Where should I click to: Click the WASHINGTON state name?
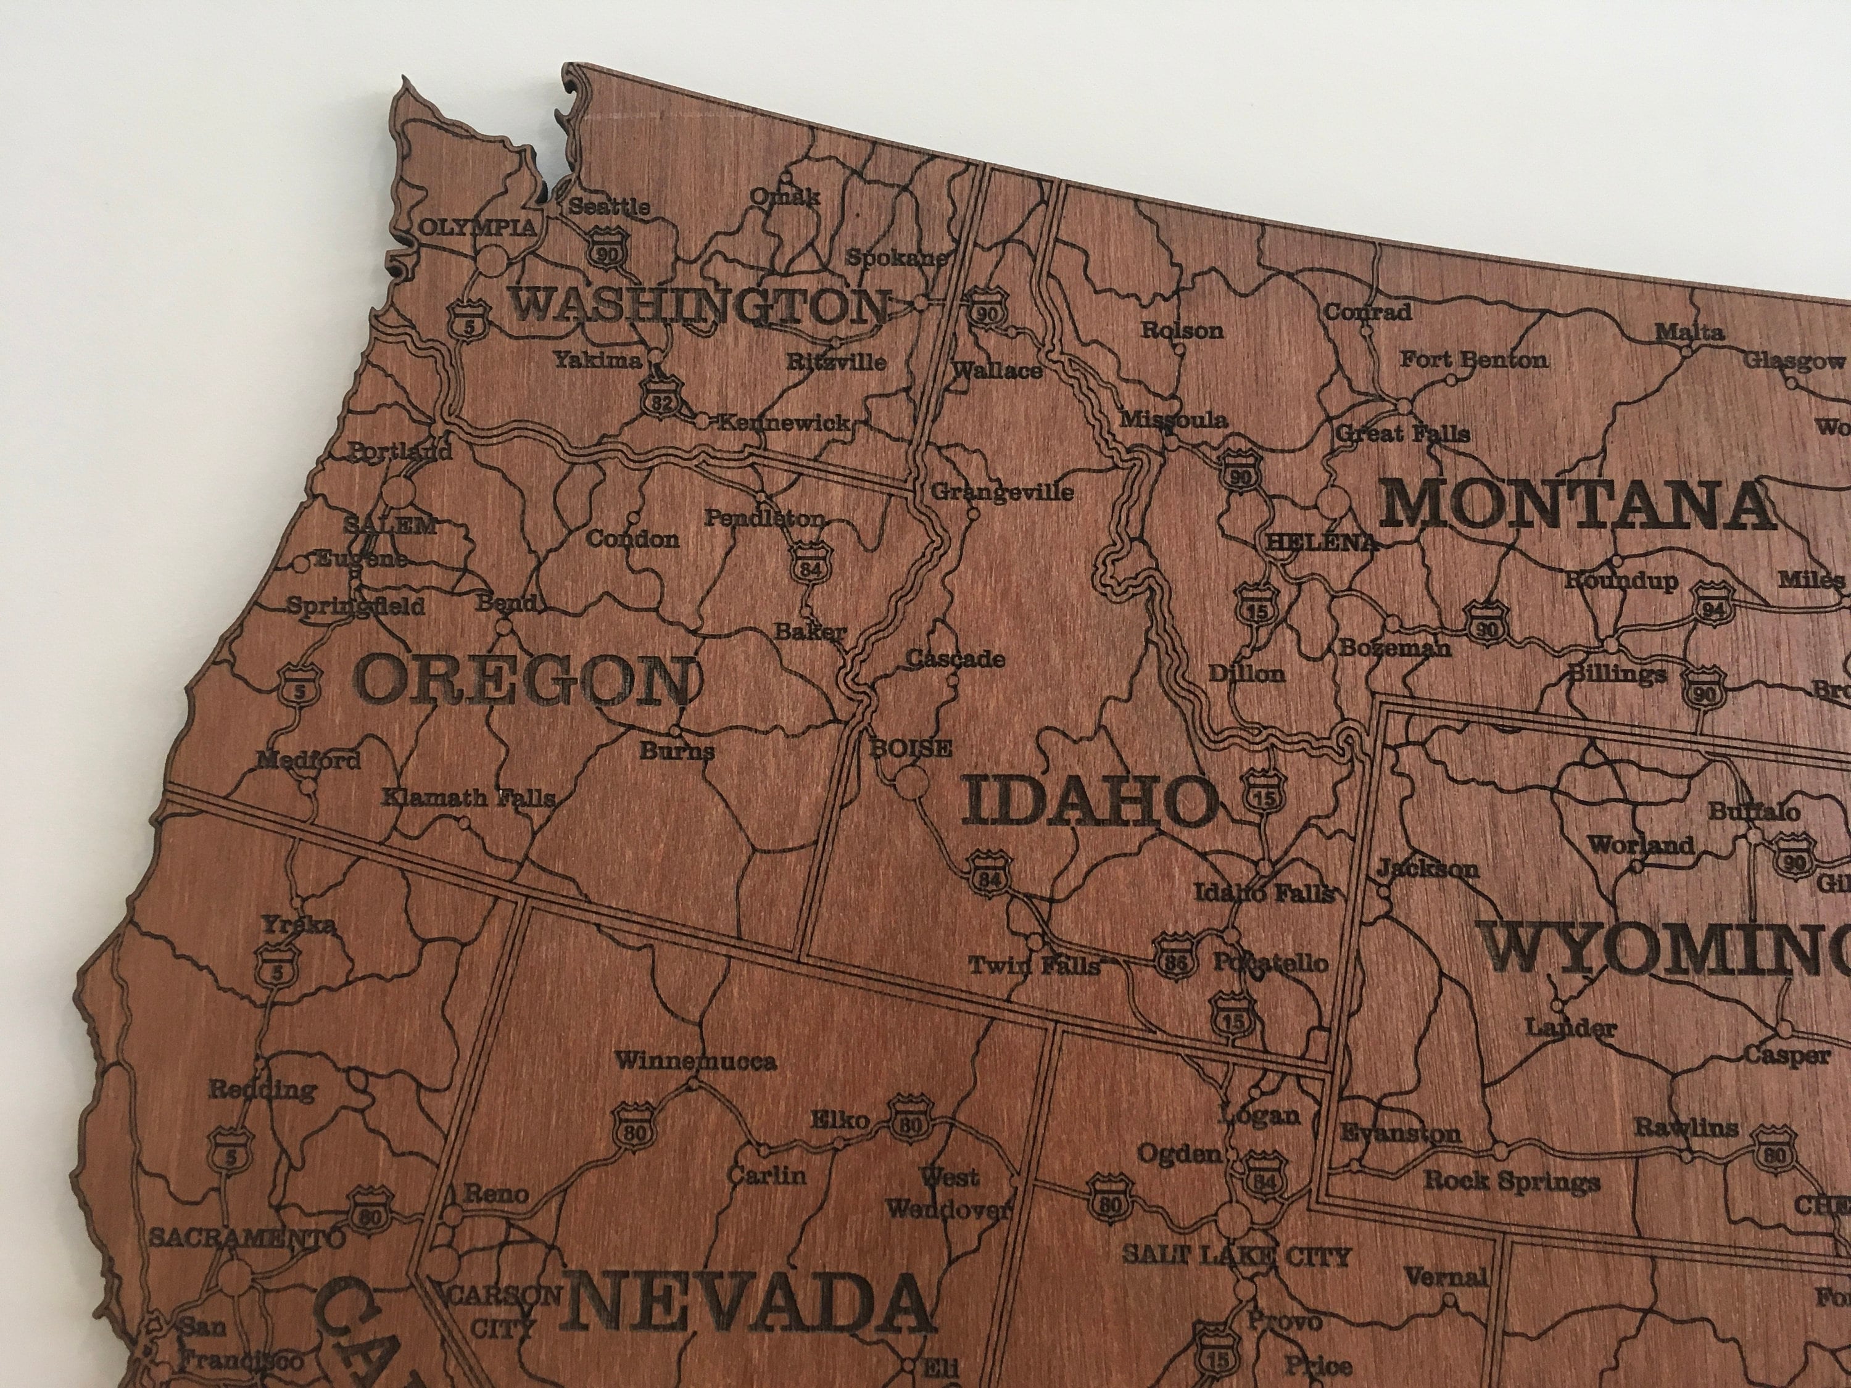pyautogui.click(x=698, y=306)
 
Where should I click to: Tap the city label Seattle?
pyautogui.click(x=609, y=206)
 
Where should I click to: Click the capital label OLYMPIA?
pyautogui.click(x=477, y=228)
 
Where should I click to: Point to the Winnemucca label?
pyautogui.click(x=695, y=1062)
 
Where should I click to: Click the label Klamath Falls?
pyautogui.click(x=468, y=797)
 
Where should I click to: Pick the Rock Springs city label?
pyautogui.click(x=1512, y=1181)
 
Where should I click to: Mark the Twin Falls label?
pyautogui.click(x=1034, y=965)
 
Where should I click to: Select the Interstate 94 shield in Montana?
pyautogui.click(x=1712, y=608)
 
